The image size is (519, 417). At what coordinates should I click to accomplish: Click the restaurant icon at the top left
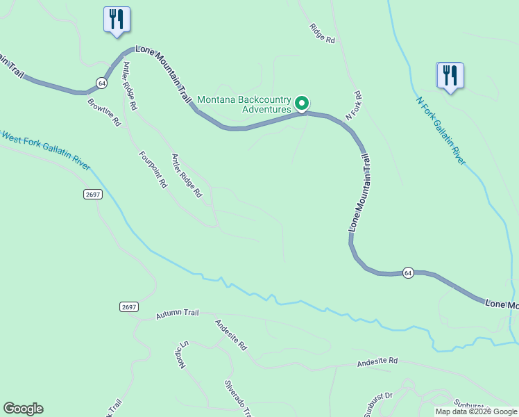click(116, 19)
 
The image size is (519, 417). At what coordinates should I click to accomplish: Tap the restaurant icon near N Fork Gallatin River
click(450, 75)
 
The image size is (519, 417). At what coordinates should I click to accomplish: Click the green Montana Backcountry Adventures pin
click(303, 104)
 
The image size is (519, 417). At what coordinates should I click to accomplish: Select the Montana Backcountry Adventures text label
click(244, 104)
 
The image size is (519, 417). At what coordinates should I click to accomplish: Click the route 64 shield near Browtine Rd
click(102, 82)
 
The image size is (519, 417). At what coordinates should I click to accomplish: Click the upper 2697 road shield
click(93, 194)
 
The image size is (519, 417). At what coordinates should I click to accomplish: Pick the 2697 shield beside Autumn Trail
click(128, 306)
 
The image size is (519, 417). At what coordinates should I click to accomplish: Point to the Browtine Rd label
click(104, 112)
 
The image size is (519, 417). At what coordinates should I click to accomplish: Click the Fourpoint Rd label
click(153, 170)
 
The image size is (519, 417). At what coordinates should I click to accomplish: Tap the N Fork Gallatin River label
click(440, 131)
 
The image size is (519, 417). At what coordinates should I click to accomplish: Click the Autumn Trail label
click(177, 313)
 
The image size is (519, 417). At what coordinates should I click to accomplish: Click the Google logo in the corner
click(23, 409)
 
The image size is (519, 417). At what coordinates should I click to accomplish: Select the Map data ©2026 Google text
click(476, 411)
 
